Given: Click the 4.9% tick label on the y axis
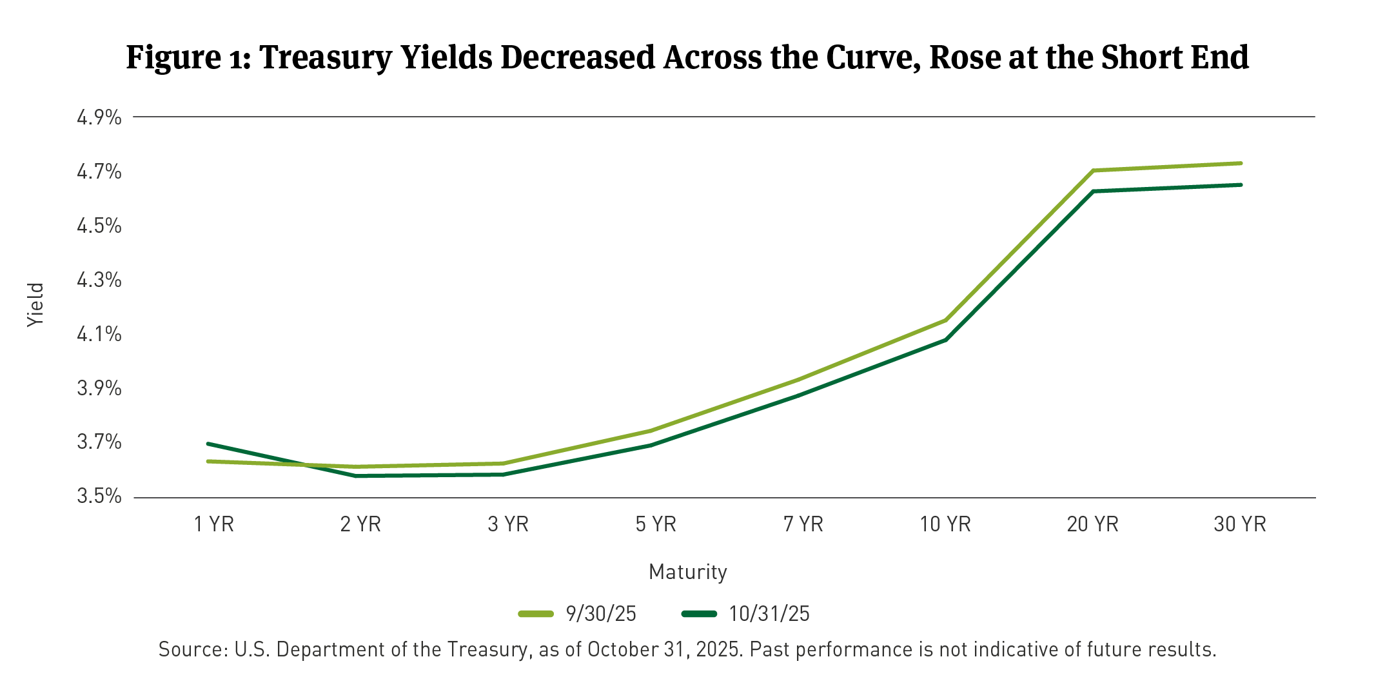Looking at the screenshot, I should [99, 117].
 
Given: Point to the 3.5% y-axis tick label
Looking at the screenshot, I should [99, 496].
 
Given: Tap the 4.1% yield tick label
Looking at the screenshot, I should [99, 334].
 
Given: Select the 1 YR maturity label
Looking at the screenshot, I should [214, 524].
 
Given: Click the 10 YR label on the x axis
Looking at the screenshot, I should [945, 524].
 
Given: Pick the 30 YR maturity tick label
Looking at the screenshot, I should [1239, 524].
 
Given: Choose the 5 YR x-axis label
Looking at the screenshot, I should [656, 524].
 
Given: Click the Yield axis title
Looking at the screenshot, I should [35, 305].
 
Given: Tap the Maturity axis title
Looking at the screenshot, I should [687, 572].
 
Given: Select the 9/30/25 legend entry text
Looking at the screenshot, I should [600, 613].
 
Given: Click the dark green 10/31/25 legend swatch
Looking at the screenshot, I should [699, 613].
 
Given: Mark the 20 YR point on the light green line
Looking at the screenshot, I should [1094, 170].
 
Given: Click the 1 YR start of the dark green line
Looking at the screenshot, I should [208, 444].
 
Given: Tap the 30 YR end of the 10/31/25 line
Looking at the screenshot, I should [1240, 185].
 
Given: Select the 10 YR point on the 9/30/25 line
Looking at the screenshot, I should [946, 320].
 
